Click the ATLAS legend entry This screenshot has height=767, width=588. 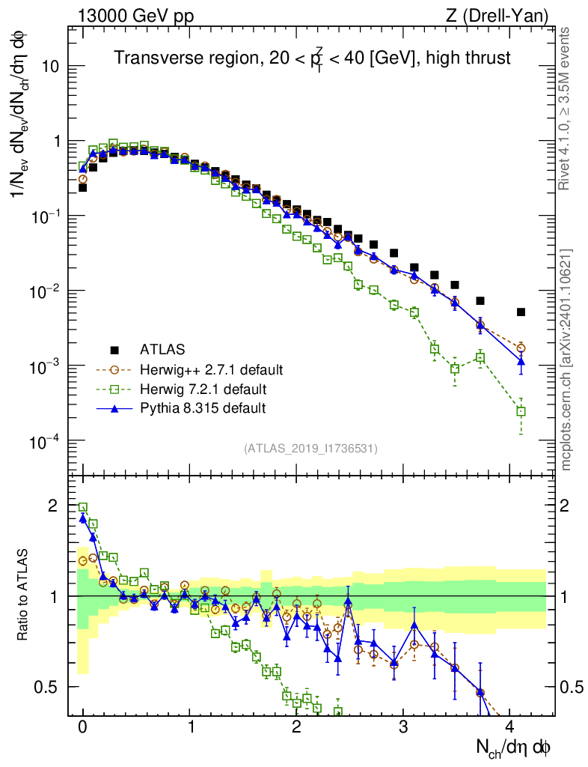162,349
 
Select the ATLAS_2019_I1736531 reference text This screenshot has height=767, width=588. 310,449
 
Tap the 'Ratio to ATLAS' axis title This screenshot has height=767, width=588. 24,596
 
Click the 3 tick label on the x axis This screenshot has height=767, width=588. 403,726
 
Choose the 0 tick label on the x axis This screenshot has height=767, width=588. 82,726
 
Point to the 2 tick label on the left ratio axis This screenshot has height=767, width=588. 52,506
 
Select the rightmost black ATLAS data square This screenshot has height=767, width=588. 521,312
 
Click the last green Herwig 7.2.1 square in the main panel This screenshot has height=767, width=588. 521,410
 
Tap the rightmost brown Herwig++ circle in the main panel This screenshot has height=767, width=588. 521,348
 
